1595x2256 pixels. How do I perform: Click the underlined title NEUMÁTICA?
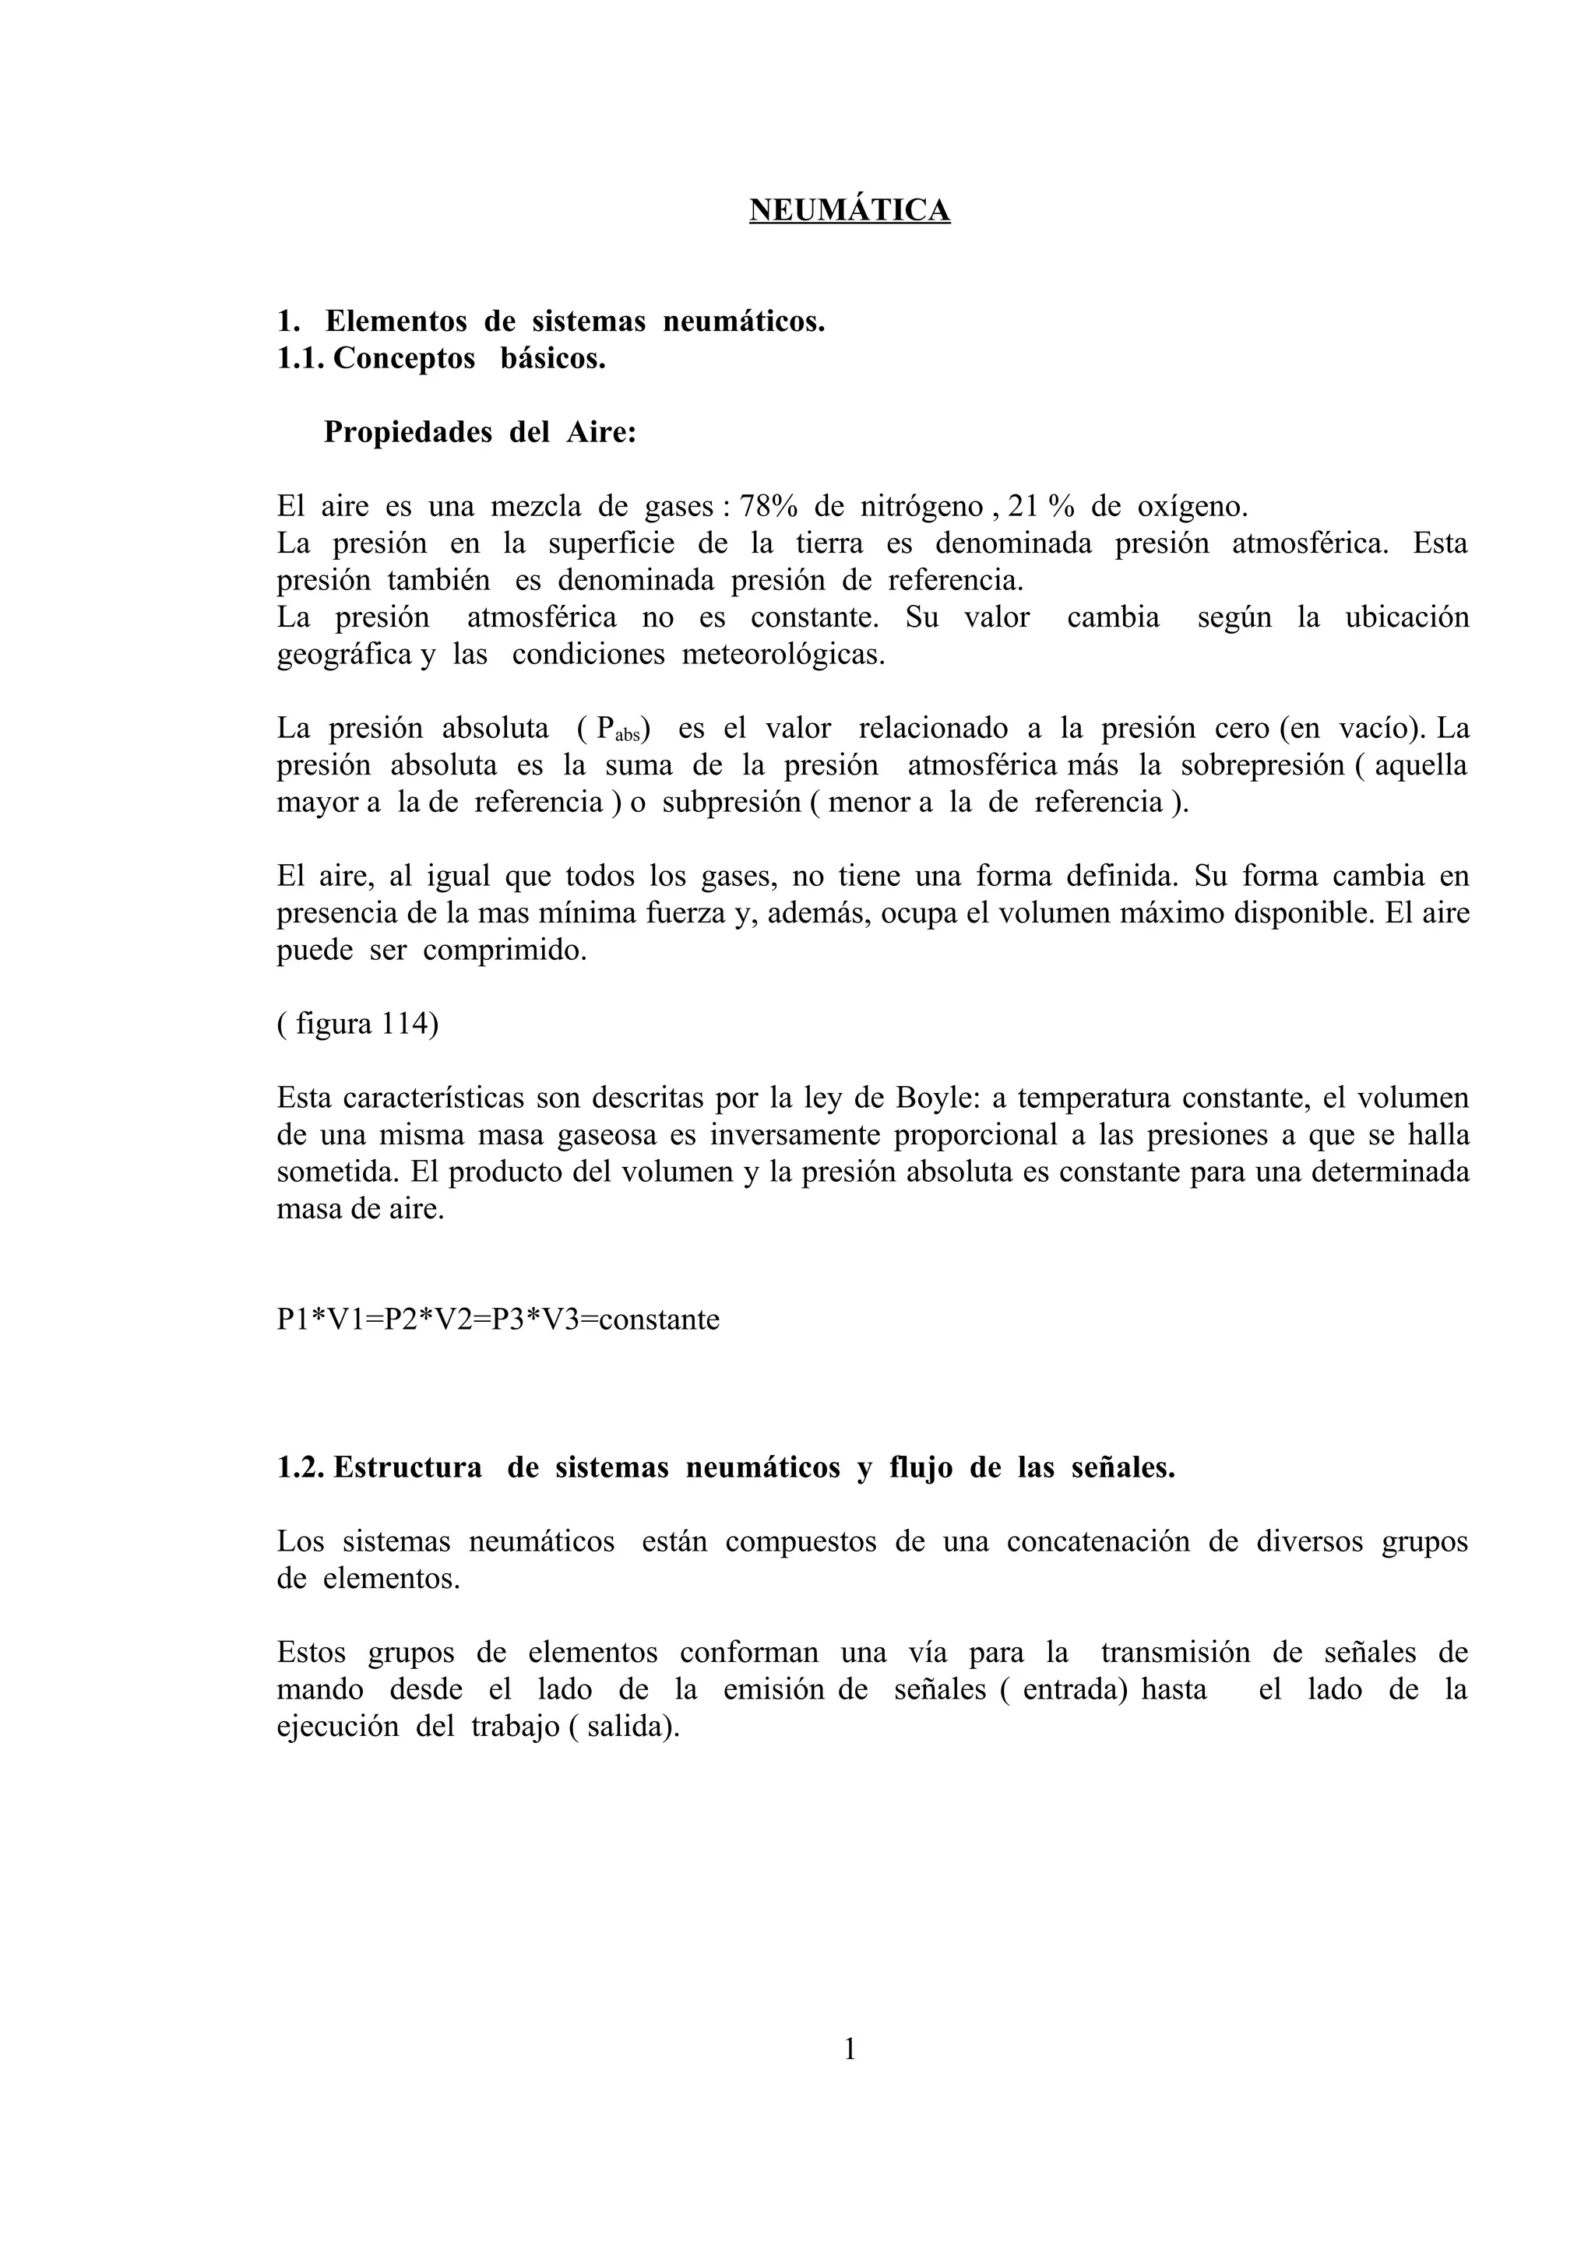pos(849,210)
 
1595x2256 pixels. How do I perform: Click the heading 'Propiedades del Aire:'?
pos(481,432)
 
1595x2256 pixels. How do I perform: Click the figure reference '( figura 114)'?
pos(357,1024)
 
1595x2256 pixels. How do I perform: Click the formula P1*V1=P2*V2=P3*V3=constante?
pos(498,1320)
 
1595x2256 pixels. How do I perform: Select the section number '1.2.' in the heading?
pos(300,1468)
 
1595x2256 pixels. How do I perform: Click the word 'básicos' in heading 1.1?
pos(552,359)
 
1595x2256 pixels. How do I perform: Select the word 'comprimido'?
pos(504,951)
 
